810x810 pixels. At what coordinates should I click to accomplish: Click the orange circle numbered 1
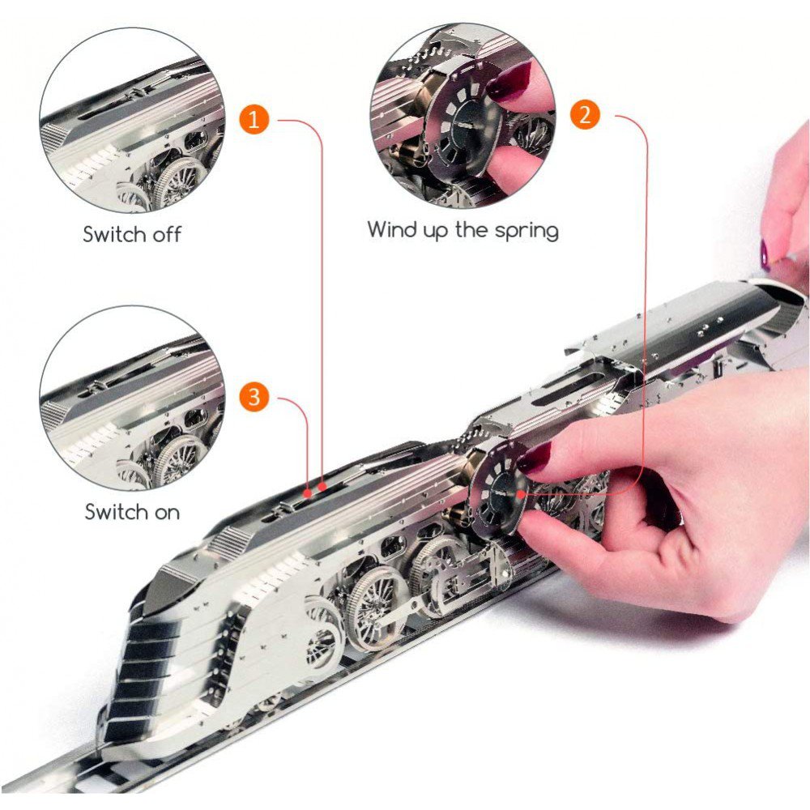coord(254,119)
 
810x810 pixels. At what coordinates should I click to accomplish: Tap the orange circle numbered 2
coord(585,114)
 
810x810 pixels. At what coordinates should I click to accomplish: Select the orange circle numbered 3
coord(254,397)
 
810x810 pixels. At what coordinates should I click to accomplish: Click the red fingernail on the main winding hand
coord(534,458)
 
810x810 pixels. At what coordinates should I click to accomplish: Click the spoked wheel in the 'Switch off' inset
coord(178,183)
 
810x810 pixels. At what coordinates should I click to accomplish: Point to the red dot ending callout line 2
coord(522,494)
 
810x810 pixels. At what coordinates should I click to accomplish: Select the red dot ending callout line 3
coord(308,493)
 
